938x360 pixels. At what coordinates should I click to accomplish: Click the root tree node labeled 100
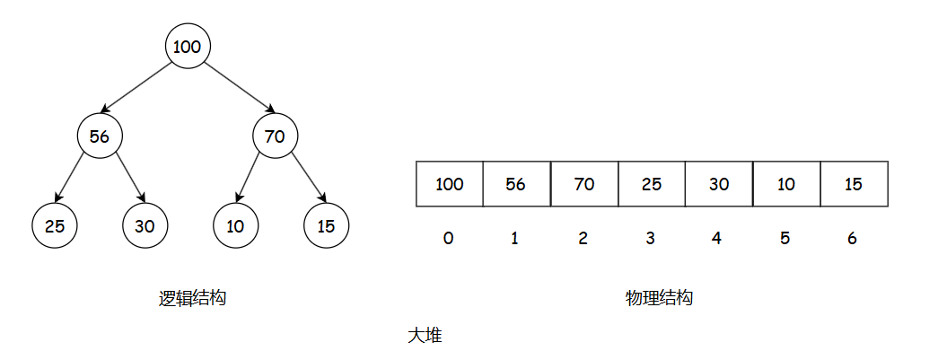tap(188, 48)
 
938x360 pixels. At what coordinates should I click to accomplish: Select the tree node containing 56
tap(100, 136)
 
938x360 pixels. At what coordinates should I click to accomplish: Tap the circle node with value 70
tap(275, 136)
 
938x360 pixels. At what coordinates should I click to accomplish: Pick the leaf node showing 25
tap(55, 226)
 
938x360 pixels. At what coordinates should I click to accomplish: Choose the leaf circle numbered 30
tap(145, 226)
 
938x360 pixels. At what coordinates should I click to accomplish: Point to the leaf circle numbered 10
tap(235, 226)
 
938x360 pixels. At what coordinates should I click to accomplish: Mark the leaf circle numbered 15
tap(326, 226)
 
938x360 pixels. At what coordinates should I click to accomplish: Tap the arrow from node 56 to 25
tap(72, 179)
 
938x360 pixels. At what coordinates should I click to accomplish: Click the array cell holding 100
tap(450, 185)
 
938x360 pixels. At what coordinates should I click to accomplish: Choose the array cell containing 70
tap(584, 185)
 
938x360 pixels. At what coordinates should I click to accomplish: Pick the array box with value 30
tap(718, 185)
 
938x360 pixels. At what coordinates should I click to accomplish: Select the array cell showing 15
tap(854, 185)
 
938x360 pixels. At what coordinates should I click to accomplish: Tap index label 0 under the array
tap(448, 239)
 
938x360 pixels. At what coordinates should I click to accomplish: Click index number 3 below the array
tap(650, 239)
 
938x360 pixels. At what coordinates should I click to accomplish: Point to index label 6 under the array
tap(852, 239)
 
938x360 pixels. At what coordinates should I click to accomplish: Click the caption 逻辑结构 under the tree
tap(192, 299)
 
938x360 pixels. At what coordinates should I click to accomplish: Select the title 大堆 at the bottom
tap(425, 336)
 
